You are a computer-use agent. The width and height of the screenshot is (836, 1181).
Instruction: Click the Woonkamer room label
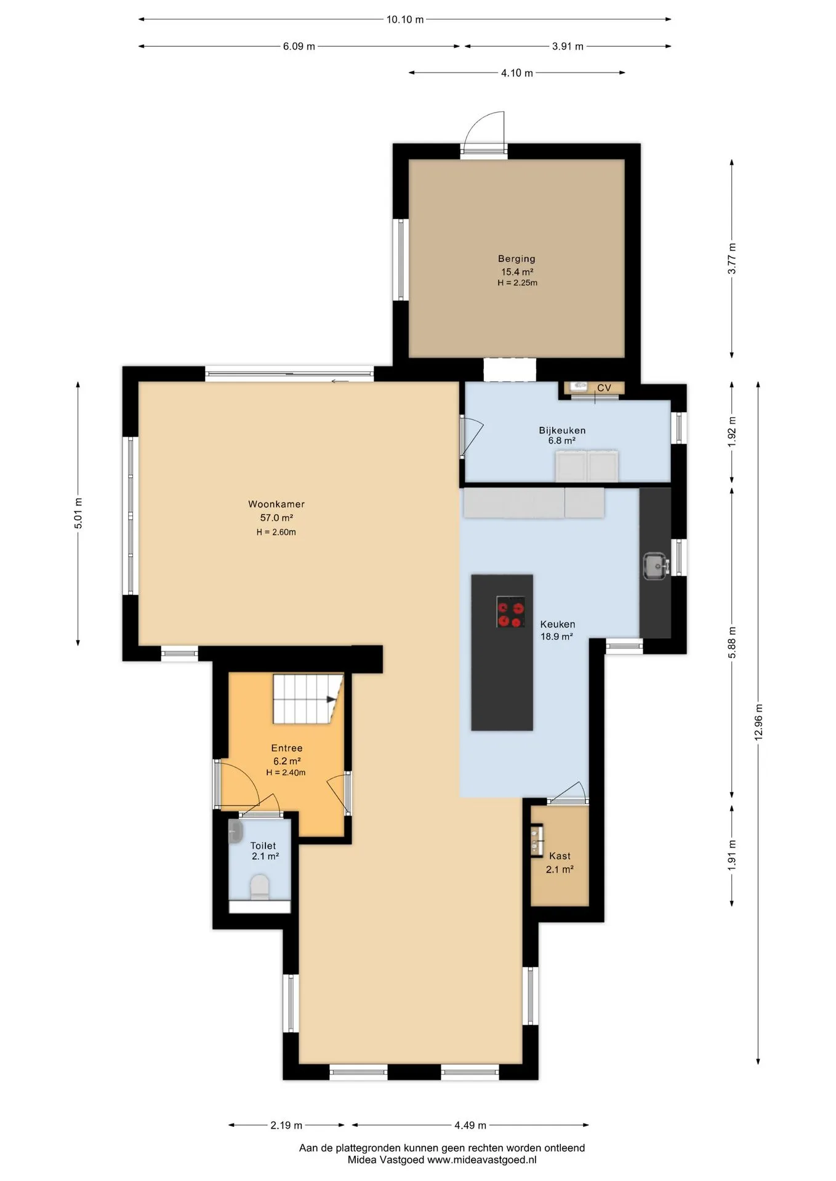coord(276,504)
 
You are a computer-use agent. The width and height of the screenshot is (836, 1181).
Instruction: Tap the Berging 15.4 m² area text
coord(517,272)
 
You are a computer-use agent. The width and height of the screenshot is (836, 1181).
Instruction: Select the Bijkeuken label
coord(562,430)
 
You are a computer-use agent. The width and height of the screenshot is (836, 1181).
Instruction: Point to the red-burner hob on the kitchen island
coord(511,612)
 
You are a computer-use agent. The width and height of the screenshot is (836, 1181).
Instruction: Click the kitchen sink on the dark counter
coord(656,566)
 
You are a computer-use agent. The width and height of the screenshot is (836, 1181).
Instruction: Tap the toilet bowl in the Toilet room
coord(260,887)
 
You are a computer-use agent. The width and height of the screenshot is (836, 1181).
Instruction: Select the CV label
coord(604,388)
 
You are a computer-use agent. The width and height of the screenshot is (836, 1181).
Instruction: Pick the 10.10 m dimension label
coord(405,19)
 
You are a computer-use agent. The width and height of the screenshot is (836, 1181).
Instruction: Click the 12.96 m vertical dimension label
coord(758,722)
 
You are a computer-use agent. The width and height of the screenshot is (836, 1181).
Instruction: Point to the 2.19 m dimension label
coord(286,1125)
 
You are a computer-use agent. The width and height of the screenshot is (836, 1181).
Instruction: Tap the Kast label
coord(560,856)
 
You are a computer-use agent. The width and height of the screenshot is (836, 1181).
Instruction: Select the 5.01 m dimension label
coord(78,513)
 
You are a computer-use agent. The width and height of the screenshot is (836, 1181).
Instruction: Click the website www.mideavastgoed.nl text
coord(482,1160)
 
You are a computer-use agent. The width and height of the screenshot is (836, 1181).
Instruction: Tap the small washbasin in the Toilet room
coord(235,831)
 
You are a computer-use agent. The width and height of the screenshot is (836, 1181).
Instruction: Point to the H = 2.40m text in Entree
coord(286,773)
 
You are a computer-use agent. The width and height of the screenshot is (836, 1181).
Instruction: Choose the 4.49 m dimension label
coord(470,1125)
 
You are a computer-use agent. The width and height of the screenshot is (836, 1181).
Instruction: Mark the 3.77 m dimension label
coord(732,259)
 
